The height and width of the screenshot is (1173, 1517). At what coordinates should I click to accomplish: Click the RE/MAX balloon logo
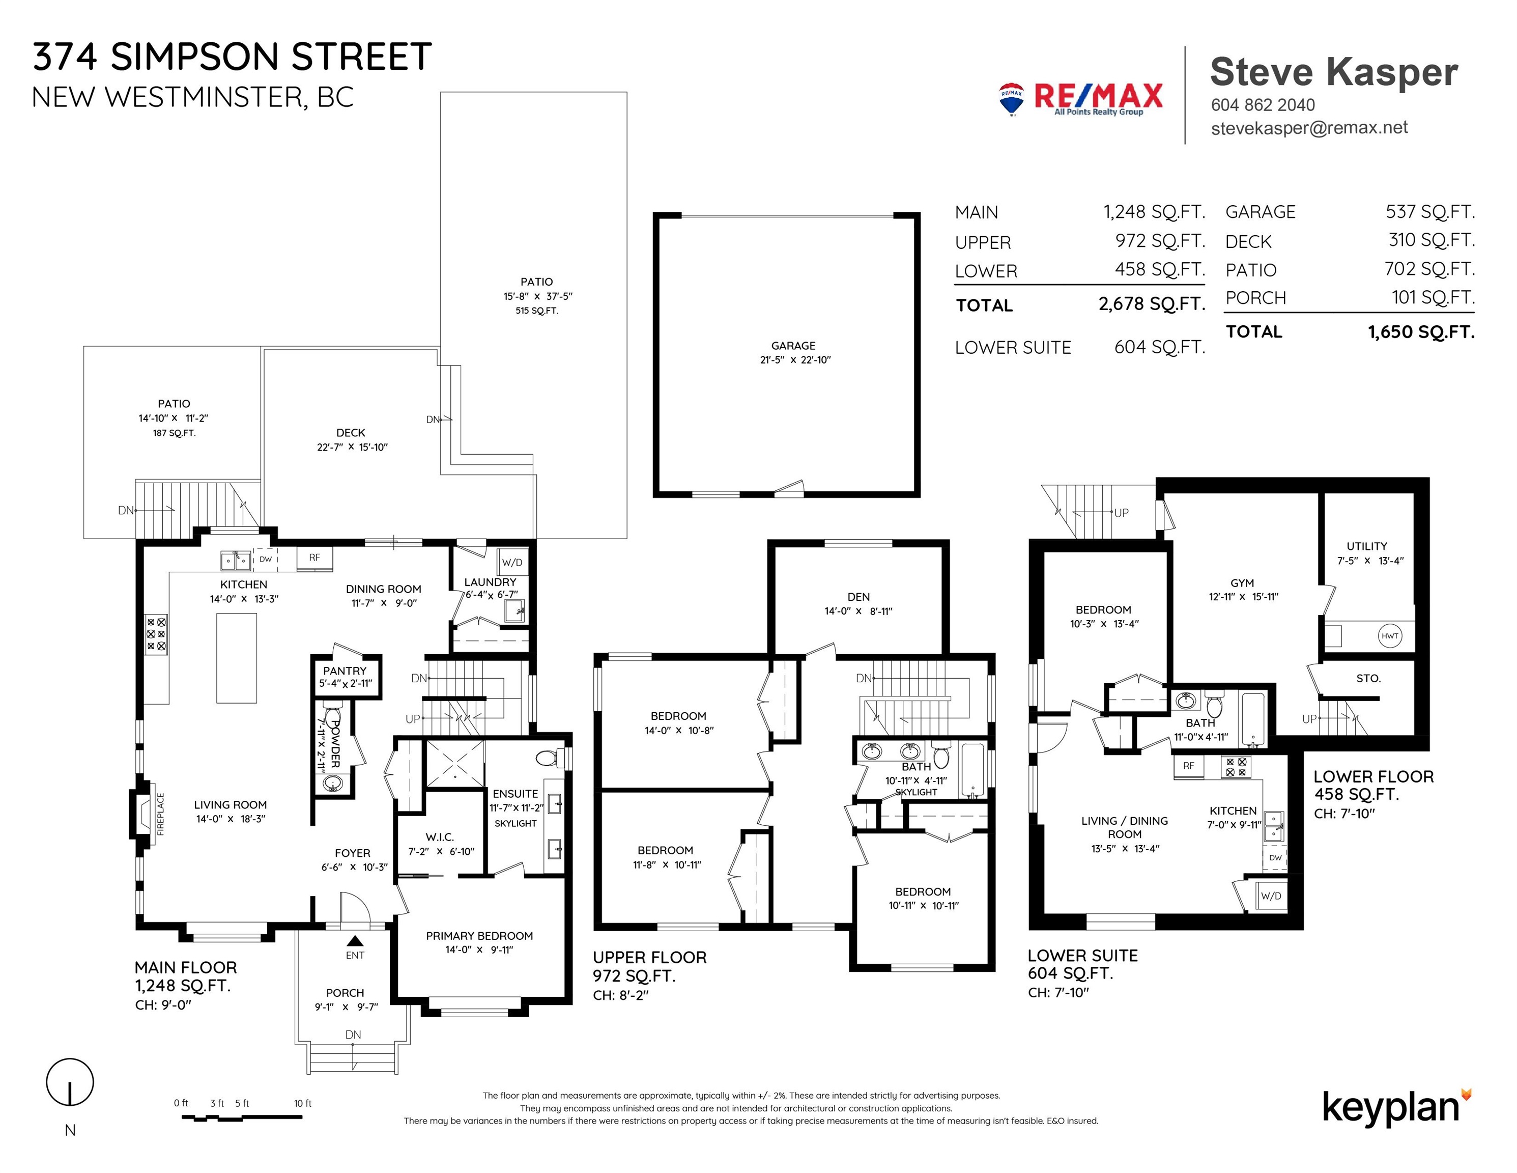(1011, 99)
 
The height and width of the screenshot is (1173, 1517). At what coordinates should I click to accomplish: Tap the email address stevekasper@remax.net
(1309, 128)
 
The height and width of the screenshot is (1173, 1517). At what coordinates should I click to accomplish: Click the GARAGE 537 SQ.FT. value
(1430, 211)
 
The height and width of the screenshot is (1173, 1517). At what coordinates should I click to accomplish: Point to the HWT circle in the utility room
(1390, 636)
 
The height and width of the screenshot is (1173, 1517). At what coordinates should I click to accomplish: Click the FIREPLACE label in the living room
(160, 814)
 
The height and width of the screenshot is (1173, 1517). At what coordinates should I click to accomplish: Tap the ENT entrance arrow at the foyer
(355, 941)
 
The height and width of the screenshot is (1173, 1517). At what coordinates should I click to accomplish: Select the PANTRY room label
(345, 671)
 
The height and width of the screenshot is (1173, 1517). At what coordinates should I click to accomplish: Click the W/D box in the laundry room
(512, 562)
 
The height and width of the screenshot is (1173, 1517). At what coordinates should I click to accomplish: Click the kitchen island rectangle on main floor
(237, 658)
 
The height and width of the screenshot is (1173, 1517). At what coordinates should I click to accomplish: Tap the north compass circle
(70, 1082)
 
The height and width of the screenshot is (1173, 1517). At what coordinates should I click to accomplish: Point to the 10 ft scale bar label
(303, 1103)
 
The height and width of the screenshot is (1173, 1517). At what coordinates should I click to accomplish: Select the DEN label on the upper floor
(858, 596)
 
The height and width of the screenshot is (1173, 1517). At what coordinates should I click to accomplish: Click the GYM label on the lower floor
(1242, 583)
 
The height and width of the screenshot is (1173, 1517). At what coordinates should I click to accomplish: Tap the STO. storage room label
(1368, 678)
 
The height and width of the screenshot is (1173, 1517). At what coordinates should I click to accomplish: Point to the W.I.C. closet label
(440, 837)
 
